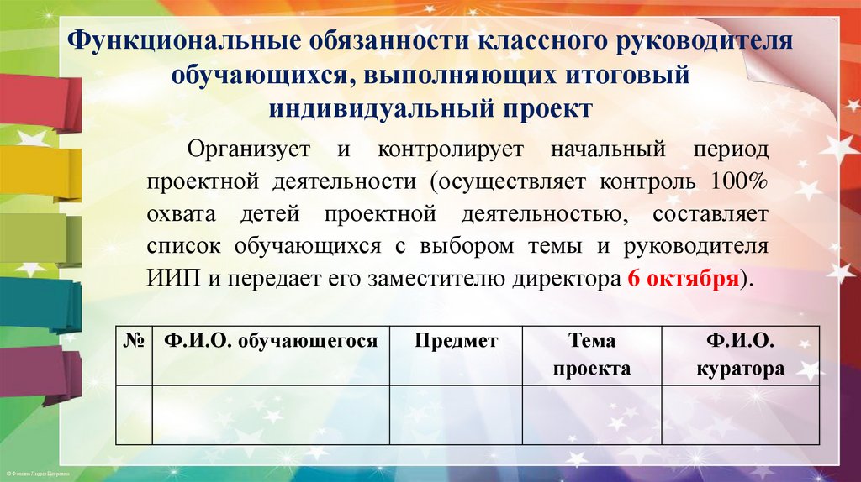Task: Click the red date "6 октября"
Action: pos(684,280)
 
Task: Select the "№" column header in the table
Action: pos(133,342)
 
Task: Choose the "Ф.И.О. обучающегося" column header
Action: pos(270,342)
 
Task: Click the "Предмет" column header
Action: pos(456,342)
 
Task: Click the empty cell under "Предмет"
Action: pos(456,414)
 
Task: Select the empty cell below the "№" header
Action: pos(133,414)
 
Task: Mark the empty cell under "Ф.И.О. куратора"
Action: pos(740,414)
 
